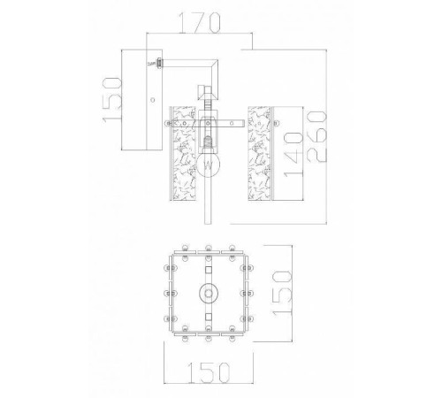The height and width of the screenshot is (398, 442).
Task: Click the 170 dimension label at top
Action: coord(200,23)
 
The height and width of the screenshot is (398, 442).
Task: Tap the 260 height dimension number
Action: coord(316,136)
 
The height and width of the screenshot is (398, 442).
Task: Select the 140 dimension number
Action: coord(293,156)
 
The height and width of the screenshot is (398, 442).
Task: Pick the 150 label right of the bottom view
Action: coord(283,294)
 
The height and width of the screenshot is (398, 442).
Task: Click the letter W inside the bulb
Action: coord(208,165)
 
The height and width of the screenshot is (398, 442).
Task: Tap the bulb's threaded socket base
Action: coord(208,142)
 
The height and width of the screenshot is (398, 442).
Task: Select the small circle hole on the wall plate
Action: coord(153,100)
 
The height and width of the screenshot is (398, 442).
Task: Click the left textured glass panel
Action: coord(183,154)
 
